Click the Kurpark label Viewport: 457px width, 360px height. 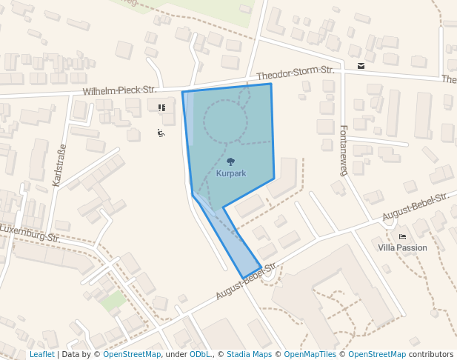[x=231, y=173]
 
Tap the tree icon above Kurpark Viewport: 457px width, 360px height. [x=231, y=161]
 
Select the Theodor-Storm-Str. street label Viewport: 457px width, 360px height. [x=296, y=73]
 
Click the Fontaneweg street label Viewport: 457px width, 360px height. [x=343, y=150]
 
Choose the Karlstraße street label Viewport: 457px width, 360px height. [x=60, y=164]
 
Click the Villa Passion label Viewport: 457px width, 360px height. [x=402, y=247]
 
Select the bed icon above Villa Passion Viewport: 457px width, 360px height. [x=402, y=236]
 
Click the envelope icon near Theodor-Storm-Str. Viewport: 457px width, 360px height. [x=361, y=66]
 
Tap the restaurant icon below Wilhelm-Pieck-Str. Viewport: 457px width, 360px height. [x=161, y=107]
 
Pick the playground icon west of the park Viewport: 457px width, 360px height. [x=161, y=133]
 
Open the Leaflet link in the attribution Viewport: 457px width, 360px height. [x=41, y=354]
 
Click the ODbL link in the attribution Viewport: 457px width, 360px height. [x=200, y=354]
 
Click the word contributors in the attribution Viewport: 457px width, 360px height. [x=431, y=354]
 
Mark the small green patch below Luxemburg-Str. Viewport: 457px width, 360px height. [x=113, y=301]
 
